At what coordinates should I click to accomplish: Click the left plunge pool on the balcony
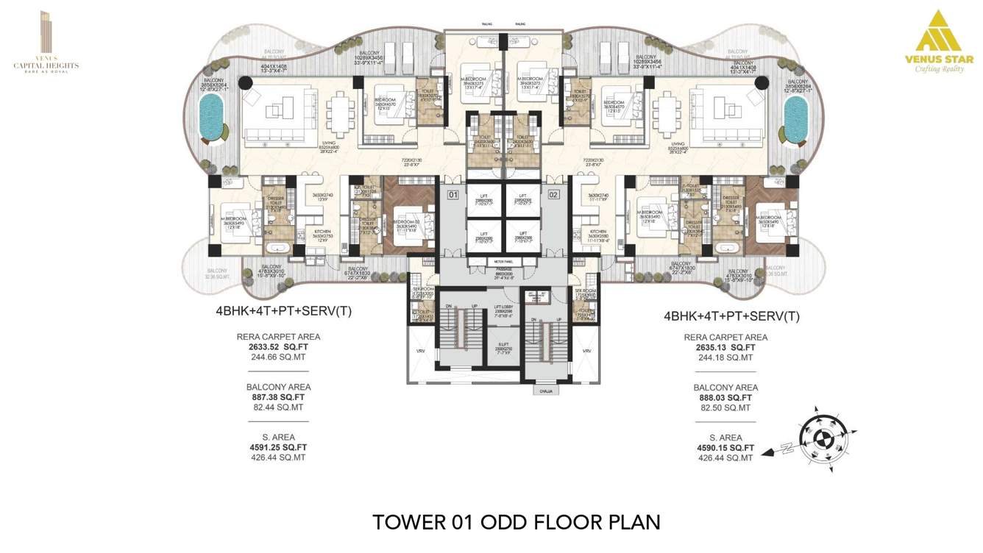(x=212, y=121)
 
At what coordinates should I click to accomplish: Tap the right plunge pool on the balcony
(x=795, y=121)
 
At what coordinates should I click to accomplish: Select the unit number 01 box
(x=453, y=196)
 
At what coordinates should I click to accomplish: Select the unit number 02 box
(x=553, y=196)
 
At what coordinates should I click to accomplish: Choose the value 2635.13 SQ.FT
(x=725, y=348)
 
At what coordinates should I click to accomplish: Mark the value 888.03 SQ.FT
(x=725, y=398)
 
